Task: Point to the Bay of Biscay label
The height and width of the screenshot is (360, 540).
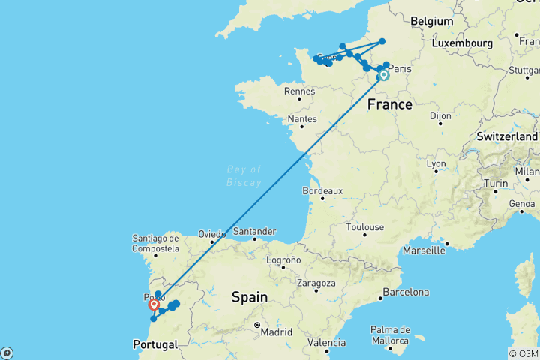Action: tap(244, 175)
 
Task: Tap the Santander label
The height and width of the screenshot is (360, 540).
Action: tap(255, 232)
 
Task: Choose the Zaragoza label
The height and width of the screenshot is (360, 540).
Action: tap(316, 283)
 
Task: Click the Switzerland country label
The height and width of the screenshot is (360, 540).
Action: tap(506, 137)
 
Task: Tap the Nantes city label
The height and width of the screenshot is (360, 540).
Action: tap(302, 119)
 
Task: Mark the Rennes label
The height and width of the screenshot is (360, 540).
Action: tap(299, 91)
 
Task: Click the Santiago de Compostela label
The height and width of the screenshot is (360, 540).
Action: tap(156, 242)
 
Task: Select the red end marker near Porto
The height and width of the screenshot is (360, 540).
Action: tap(154, 304)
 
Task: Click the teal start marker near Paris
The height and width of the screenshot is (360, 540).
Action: tap(383, 75)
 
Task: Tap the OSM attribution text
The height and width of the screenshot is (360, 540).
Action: tap(523, 353)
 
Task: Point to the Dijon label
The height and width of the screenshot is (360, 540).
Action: tap(442, 116)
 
